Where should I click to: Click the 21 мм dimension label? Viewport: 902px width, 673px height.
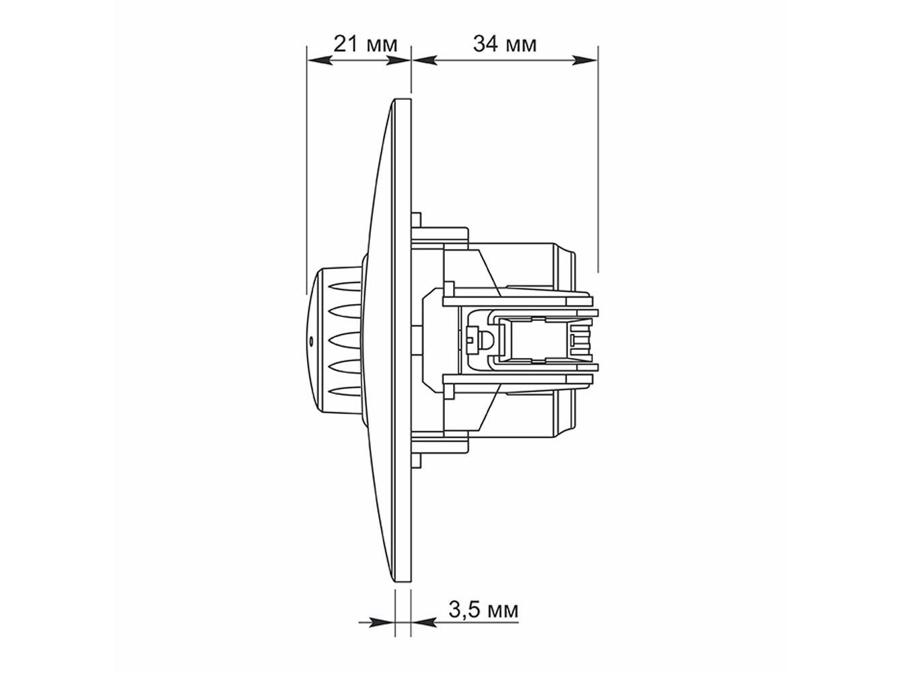pyautogui.click(x=365, y=44)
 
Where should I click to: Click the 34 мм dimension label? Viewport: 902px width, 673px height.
pyautogui.click(x=505, y=44)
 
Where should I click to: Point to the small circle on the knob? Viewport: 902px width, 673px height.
pyautogui.click(x=311, y=341)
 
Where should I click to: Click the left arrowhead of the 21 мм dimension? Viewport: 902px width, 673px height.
pyautogui.click(x=320, y=61)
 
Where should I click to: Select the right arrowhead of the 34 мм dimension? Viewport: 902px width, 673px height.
pyautogui.click(x=585, y=61)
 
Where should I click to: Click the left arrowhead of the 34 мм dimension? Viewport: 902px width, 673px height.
pyautogui.click(x=424, y=61)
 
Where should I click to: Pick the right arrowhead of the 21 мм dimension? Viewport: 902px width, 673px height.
pyautogui.click(x=398, y=61)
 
